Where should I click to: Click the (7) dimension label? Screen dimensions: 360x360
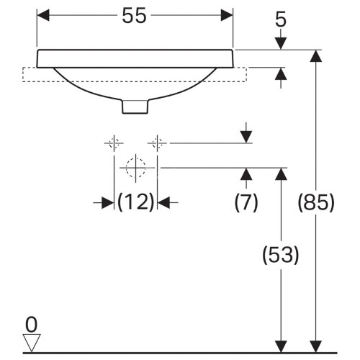click(x=246, y=202)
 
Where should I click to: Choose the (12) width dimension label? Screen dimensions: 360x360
click(x=136, y=202)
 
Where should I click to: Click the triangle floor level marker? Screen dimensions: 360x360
click(x=31, y=341)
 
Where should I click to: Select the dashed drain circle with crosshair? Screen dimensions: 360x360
click(x=135, y=168)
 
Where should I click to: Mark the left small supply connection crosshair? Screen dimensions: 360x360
click(x=114, y=143)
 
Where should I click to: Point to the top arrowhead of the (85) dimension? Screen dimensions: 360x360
click(x=315, y=55)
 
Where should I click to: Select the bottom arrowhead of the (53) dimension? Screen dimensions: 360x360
click(x=282, y=347)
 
